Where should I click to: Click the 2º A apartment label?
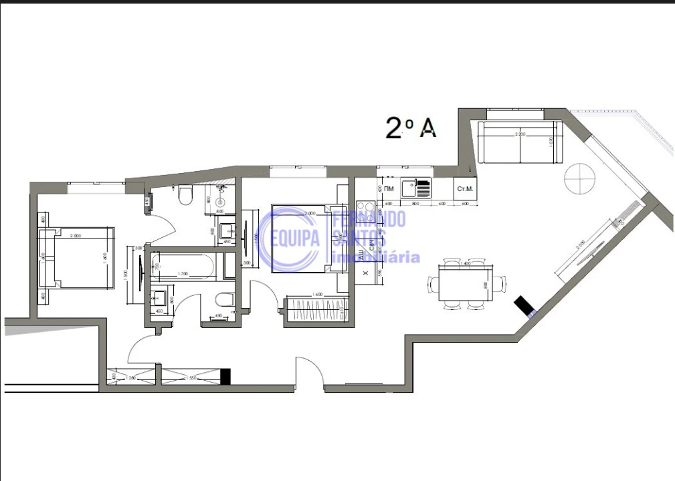tap(411, 127)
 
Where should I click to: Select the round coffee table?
tap(579, 178)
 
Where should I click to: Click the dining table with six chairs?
tap(466, 284)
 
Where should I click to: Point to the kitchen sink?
tap(415, 187)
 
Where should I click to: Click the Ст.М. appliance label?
tap(465, 188)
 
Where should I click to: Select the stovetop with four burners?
tap(366, 212)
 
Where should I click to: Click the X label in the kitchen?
tap(365, 273)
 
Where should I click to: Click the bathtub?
tap(183, 267)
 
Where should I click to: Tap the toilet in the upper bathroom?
tap(185, 194)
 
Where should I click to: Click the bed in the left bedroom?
tap(76, 258)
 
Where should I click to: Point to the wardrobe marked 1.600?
tap(316, 309)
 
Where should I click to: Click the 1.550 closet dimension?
tap(191, 377)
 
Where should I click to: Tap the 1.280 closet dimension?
tap(132, 377)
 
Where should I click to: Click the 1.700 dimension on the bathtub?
tap(182, 274)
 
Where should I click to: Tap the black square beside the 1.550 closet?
tap(225, 377)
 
